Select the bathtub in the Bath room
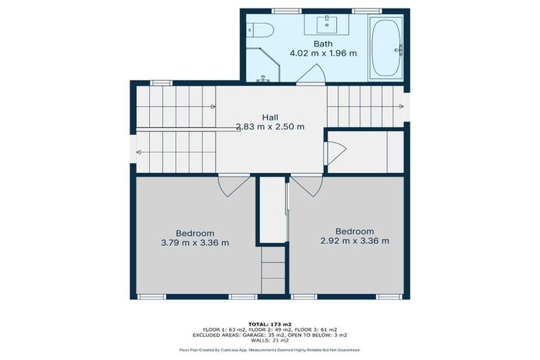point(386,48)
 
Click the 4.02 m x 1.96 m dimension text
point(323,53)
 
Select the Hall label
point(270,117)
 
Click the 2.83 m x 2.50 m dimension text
point(270,127)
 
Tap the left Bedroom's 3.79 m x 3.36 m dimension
point(195,243)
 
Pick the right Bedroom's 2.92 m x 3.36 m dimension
point(354,240)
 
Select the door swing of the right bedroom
point(307,186)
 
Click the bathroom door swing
point(311,74)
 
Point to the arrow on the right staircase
point(401,107)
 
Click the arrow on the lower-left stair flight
point(139,152)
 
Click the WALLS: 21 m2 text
point(270,340)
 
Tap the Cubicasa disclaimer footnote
point(270,349)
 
